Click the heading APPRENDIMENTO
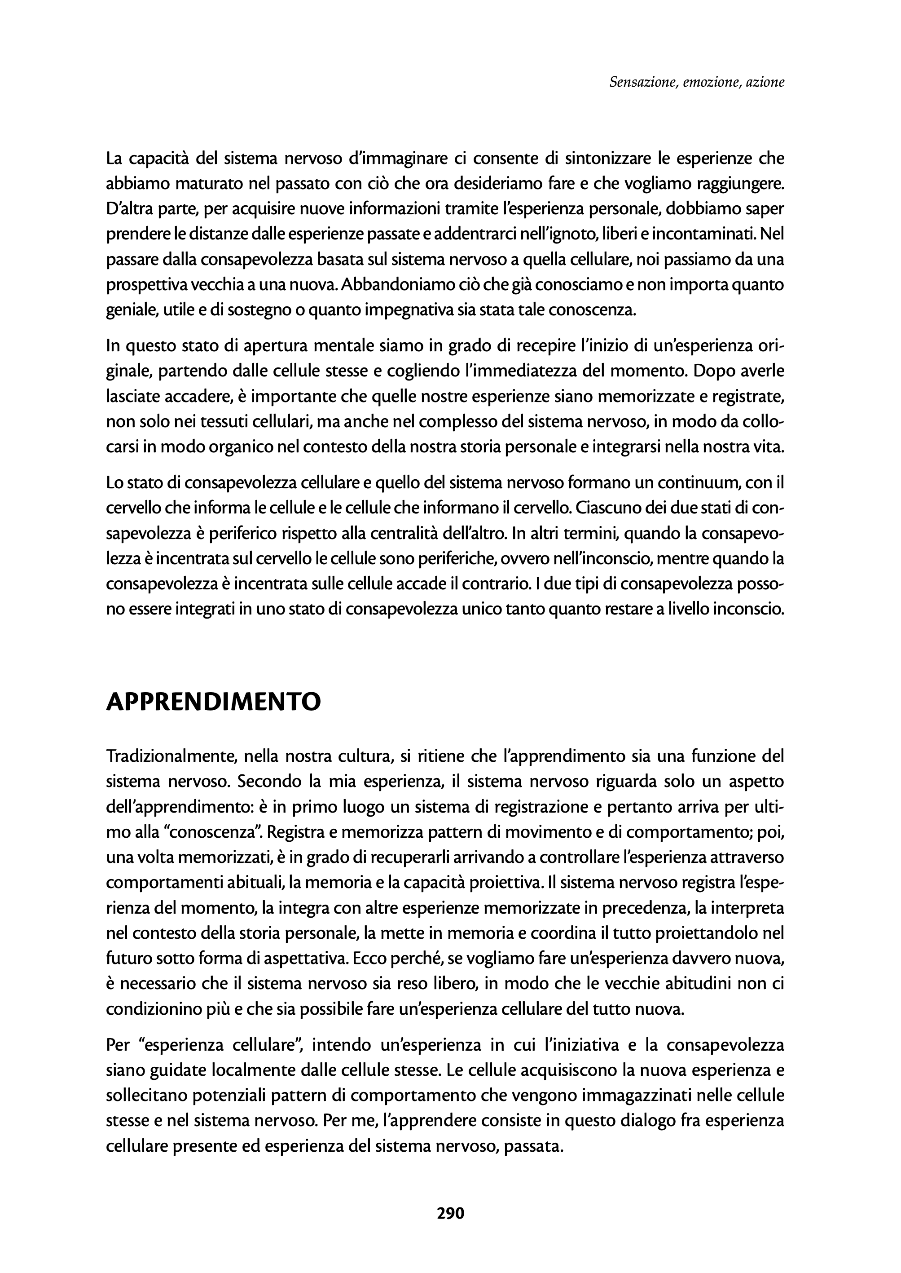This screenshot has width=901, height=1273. (214, 702)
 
